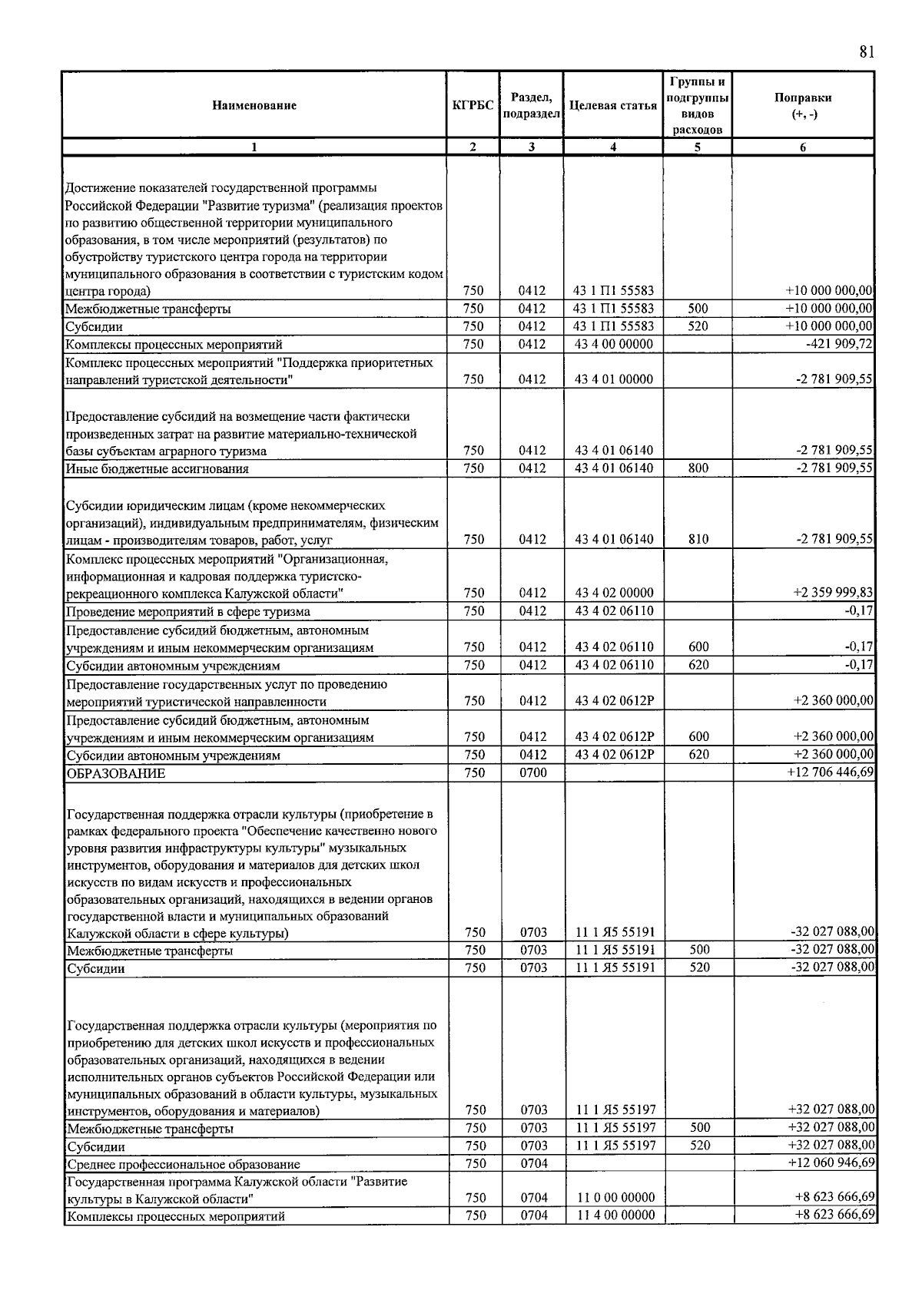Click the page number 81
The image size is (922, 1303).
pos(867,52)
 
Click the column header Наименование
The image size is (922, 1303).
pos(254,106)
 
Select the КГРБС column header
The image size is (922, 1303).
pos(473,106)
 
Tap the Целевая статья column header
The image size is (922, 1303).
pos(613,106)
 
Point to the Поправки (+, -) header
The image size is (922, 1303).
pos(803,106)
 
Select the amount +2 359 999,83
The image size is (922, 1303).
pos(833,593)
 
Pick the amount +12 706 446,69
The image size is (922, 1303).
pos(831,772)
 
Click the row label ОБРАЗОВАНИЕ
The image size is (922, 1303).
pos(116,773)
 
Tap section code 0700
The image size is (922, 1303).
pos(532,773)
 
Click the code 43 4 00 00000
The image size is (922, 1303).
pos(614,344)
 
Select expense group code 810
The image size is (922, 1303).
pos(698,539)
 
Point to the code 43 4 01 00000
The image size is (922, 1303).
pos(614,379)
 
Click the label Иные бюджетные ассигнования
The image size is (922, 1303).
pos(157,468)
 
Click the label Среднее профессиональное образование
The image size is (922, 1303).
pos(183,1164)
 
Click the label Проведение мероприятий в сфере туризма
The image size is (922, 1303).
pos(188,611)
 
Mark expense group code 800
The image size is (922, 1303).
pos(698,468)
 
